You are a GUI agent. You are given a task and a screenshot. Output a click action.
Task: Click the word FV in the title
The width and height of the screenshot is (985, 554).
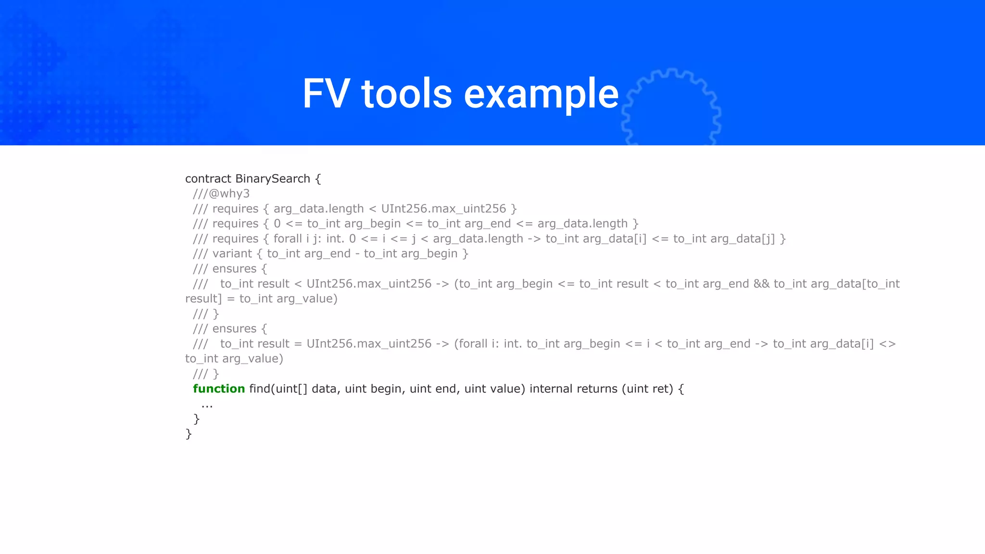coord(326,94)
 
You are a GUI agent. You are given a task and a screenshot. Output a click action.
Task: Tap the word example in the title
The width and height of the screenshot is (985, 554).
coord(541,94)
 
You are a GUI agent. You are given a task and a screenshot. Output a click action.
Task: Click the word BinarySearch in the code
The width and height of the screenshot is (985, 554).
coord(272,179)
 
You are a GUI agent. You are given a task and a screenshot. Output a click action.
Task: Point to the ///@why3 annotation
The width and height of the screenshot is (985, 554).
coord(221,194)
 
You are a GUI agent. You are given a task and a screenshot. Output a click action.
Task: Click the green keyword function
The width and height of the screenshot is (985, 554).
coord(219,389)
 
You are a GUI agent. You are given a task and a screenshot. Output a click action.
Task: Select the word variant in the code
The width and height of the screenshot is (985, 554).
coord(232,253)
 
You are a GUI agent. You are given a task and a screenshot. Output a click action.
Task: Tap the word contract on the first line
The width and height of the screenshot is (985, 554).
coord(208,179)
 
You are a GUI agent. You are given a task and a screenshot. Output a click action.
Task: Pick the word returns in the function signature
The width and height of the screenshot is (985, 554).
coord(597,389)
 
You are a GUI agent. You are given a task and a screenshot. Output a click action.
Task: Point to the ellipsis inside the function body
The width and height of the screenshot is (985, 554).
coord(207,405)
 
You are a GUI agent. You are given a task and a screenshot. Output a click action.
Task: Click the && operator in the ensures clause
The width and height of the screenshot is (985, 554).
coord(761,284)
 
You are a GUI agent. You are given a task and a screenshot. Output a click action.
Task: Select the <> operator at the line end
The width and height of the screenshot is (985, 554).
coord(887,344)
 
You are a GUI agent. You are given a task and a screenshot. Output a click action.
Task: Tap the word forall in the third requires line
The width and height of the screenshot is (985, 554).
coord(288,239)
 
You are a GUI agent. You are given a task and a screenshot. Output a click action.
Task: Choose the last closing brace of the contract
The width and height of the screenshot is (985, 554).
coord(189,434)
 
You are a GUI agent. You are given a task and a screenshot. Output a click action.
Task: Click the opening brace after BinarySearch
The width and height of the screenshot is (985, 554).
coord(318,179)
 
